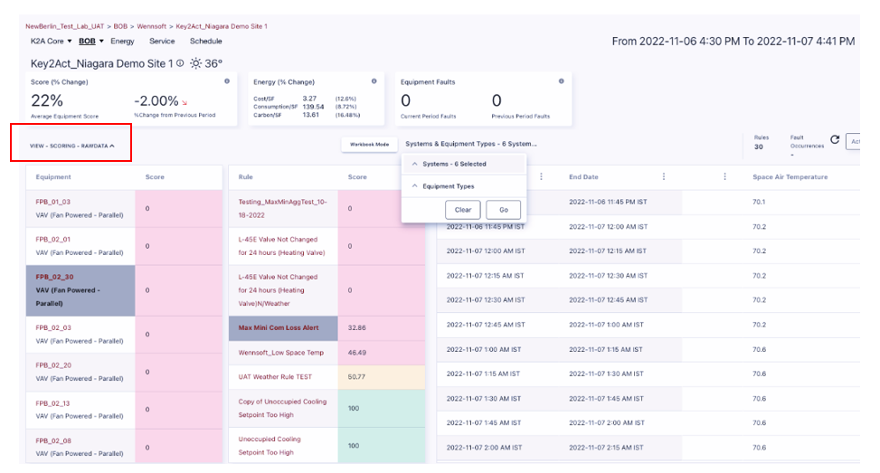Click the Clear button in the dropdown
pyautogui.click(x=463, y=209)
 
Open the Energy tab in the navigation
pyautogui.click(x=122, y=42)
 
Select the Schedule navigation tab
pyautogui.click(x=205, y=42)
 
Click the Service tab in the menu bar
pyautogui.click(x=162, y=42)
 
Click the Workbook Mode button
pyautogui.click(x=369, y=144)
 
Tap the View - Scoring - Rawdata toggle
pyautogui.click(x=71, y=145)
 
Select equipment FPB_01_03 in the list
pyautogui.click(x=52, y=202)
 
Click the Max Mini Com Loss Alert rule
pyautogui.click(x=278, y=327)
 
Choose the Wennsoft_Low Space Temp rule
pyautogui.click(x=281, y=352)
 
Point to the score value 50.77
pyautogui.click(x=357, y=376)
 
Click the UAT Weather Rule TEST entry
pyautogui.click(x=275, y=376)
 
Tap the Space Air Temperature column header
pyautogui.click(x=790, y=177)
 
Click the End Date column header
pyautogui.click(x=583, y=177)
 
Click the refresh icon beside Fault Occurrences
pyautogui.click(x=834, y=140)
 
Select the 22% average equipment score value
pyautogui.click(x=47, y=100)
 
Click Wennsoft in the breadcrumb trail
pyautogui.click(x=151, y=26)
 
